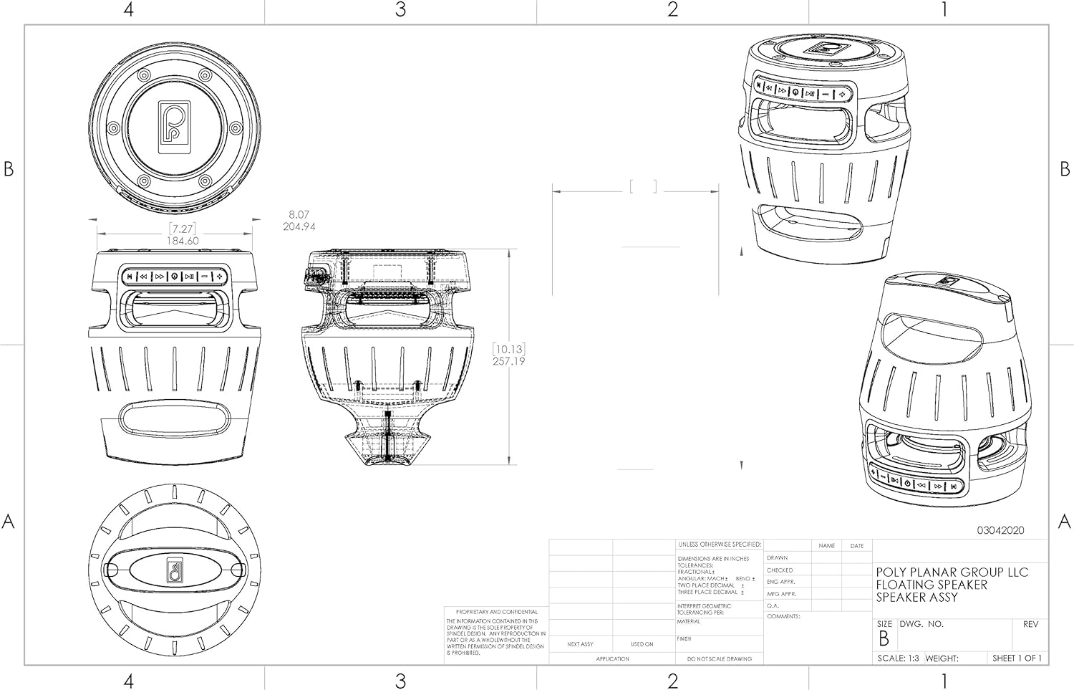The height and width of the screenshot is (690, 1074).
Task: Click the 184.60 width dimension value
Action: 183,241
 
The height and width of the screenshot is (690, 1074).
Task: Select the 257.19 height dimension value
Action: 508,361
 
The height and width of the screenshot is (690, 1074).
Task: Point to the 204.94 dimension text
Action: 299,226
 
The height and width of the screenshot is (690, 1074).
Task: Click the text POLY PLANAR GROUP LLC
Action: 952,572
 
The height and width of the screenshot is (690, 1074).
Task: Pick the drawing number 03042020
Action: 1000,530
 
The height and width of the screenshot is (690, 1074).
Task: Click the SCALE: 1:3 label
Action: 898,658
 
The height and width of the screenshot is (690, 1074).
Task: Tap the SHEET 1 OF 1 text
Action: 1017,658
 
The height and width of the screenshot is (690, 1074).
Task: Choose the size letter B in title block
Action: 884,638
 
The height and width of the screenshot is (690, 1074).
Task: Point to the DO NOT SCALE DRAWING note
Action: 719,658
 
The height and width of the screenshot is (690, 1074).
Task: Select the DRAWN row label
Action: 777,557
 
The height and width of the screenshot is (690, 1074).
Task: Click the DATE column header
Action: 856,546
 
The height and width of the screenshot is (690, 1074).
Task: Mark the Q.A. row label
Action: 773,605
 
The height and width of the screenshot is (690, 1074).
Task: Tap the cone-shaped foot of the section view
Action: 387,449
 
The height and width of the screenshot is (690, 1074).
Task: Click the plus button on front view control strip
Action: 221,276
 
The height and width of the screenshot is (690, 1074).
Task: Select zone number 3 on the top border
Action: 400,10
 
